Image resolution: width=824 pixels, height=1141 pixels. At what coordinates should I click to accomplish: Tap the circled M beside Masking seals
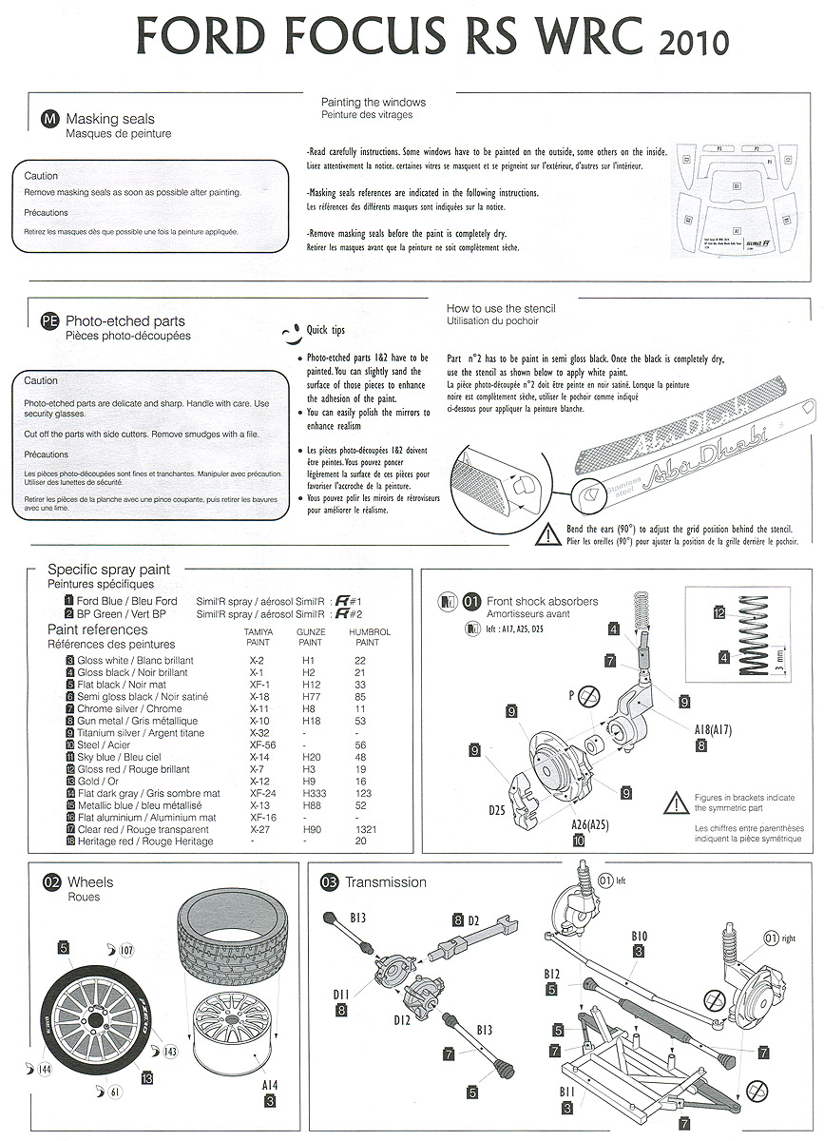coord(49,118)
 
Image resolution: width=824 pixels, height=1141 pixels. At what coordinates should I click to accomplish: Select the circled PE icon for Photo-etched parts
coord(49,321)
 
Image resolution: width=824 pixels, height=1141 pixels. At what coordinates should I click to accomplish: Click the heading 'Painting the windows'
coord(373,102)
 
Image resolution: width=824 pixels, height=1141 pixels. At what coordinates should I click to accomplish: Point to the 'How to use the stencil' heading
coord(501,308)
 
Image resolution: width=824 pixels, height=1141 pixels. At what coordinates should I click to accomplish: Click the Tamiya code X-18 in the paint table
coord(257,697)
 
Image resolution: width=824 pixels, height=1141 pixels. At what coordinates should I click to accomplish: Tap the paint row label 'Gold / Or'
coord(97,782)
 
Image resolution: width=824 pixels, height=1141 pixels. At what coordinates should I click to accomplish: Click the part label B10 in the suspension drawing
coord(639,937)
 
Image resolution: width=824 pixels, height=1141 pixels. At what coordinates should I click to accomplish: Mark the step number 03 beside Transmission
coord(330,882)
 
